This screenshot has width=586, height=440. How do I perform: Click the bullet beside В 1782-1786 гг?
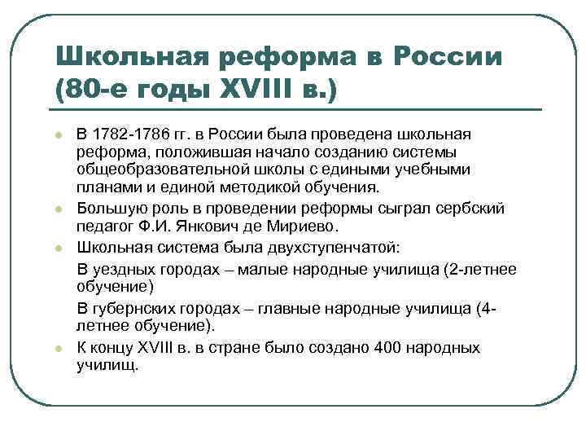58,134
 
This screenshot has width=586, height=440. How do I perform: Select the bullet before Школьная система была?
58,246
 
